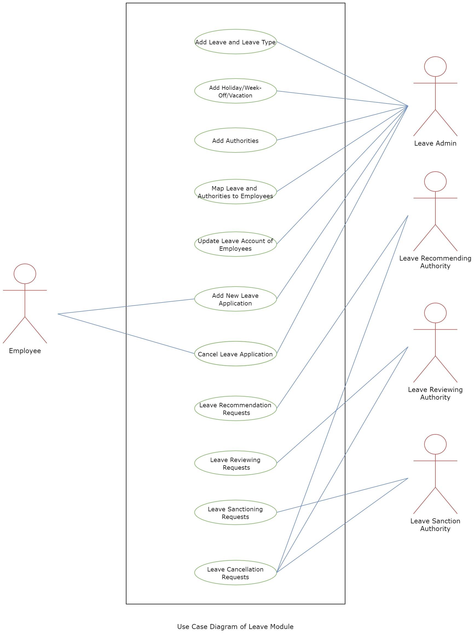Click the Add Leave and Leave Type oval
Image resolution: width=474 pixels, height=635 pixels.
[x=235, y=42]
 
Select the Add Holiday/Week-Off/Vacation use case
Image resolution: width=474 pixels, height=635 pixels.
[x=235, y=91]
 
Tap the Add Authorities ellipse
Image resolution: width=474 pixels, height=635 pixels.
[x=235, y=140]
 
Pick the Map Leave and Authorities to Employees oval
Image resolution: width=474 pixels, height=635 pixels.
[x=235, y=192]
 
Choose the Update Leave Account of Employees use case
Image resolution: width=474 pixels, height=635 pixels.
[x=235, y=244]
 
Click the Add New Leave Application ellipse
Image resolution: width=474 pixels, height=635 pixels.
[x=235, y=299]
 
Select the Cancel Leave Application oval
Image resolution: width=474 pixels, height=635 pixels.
[x=235, y=354]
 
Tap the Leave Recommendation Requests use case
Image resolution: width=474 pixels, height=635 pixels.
[x=235, y=409]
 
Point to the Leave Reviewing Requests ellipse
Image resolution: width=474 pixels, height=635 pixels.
[x=235, y=463]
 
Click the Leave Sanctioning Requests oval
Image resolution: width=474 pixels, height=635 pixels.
[x=235, y=512]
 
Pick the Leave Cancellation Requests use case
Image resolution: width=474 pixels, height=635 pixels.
[x=235, y=573]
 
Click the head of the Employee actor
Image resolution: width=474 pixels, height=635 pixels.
[x=25, y=274]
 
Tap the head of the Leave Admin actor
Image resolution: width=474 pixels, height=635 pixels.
[x=435, y=67]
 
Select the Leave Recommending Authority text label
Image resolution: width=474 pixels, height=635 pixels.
[x=435, y=262]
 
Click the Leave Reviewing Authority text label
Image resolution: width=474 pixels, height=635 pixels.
[x=435, y=393]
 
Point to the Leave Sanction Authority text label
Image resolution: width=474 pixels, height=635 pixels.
[x=435, y=525]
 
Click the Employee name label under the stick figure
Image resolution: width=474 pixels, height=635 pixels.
[x=25, y=351]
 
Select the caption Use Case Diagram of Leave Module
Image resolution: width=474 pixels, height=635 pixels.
[x=235, y=627]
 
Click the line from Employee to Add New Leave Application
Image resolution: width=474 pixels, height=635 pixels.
[x=126, y=307]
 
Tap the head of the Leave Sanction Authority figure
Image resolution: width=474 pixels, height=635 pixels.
[x=435, y=444]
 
